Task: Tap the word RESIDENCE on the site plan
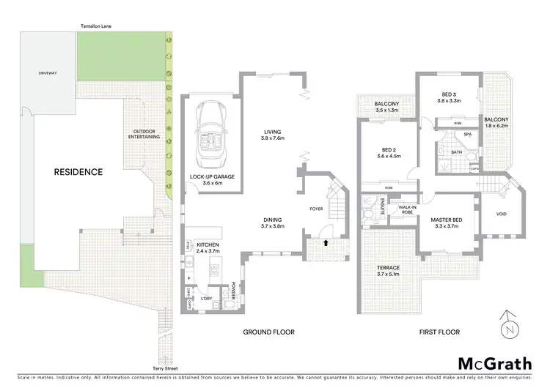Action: (x=78, y=173)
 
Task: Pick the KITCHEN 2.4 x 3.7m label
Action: (x=208, y=248)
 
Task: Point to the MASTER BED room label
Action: (x=445, y=223)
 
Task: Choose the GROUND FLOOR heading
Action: (x=269, y=332)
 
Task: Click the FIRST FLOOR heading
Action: (x=439, y=332)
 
